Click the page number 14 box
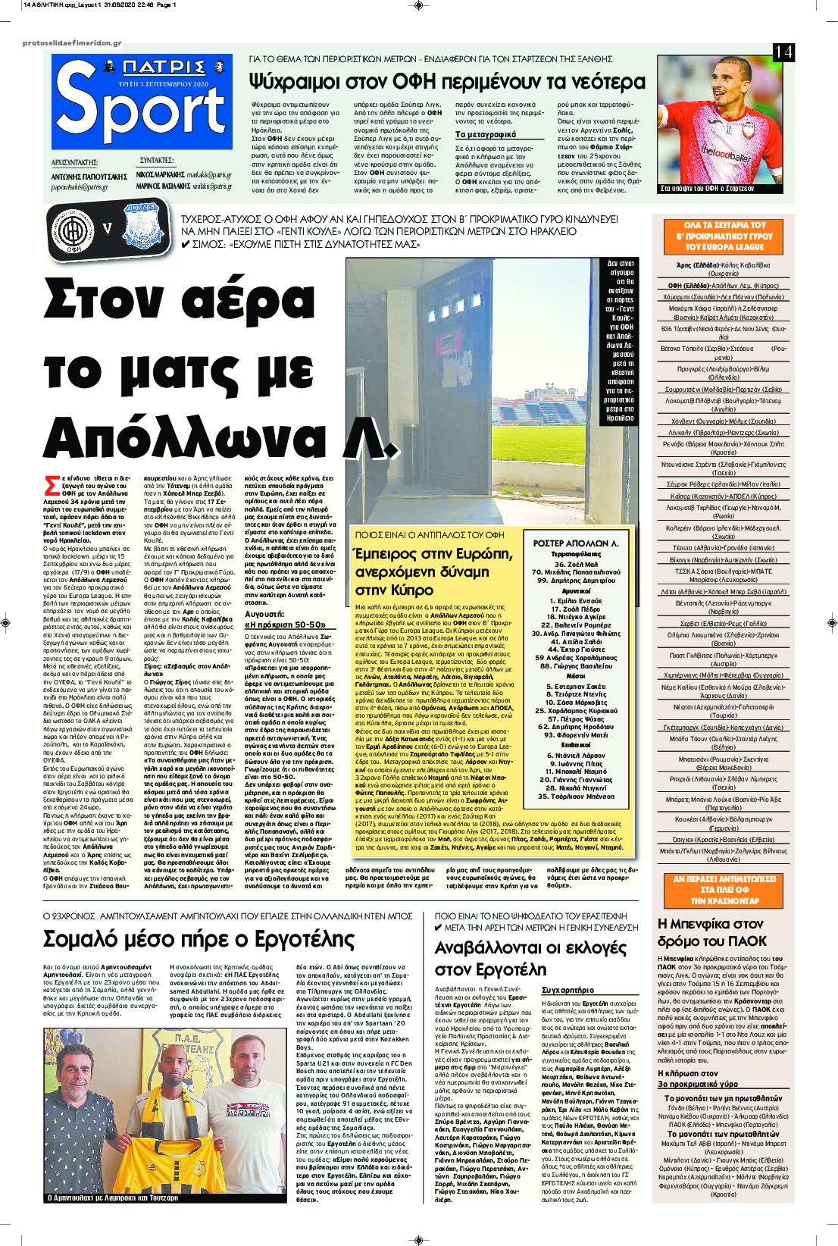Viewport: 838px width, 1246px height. (783, 52)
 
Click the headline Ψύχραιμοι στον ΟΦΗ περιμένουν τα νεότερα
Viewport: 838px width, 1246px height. (448, 82)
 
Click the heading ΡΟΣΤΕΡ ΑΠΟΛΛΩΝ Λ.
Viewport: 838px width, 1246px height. (577, 543)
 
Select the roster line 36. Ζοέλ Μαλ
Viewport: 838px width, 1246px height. (576, 564)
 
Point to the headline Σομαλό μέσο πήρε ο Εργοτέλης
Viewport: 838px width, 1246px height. (199, 940)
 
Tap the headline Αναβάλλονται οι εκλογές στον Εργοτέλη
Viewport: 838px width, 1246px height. (530, 958)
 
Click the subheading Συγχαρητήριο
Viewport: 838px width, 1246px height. (568, 990)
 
